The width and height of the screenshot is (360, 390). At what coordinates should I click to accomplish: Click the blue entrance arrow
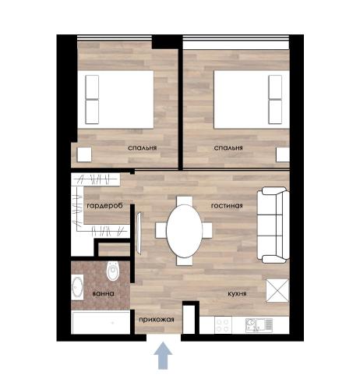pyautogui.click(x=163, y=356)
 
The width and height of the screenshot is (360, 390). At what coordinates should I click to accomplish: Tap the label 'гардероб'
pyautogui.click(x=104, y=206)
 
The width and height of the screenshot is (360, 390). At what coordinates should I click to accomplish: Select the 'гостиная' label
pyautogui.click(x=227, y=206)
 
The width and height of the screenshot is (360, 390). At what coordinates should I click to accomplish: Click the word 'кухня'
pyautogui.click(x=237, y=294)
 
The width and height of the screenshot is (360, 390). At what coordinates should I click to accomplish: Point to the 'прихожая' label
pyautogui.click(x=157, y=320)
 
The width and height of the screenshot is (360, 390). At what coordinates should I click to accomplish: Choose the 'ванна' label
pyautogui.click(x=103, y=294)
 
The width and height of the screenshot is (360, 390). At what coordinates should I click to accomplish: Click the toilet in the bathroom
pyautogui.click(x=113, y=271)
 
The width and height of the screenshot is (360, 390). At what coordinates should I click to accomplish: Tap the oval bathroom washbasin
pyautogui.click(x=77, y=287)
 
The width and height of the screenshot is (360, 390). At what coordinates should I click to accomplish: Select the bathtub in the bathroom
pyautogui.click(x=101, y=323)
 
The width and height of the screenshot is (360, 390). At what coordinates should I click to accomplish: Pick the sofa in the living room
pyautogui.click(x=273, y=225)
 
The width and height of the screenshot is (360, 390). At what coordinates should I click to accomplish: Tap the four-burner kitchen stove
pyautogui.click(x=223, y=325)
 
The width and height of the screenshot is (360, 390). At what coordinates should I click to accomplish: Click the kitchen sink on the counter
pyautogui.click(x=259, y=325)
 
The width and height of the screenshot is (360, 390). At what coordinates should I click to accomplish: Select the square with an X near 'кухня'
pyautogui.click(x=277, y=291)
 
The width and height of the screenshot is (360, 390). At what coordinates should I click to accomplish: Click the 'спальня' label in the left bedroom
pyautogui.click(x=143, y=148)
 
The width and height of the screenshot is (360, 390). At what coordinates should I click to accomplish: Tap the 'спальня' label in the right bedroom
pyautogui.click(x=228, y=148)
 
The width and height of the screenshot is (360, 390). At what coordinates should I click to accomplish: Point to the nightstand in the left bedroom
pyautogui.click(x=84, y=154)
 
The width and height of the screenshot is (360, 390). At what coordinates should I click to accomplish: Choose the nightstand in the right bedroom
pyautogui.click(x=283, y=154)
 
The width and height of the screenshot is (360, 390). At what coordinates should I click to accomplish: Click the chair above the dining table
pyautogui.click(x=185, y=200)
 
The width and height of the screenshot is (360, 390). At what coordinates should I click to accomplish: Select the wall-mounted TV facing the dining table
pyautogui.click(x=139, y=233)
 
